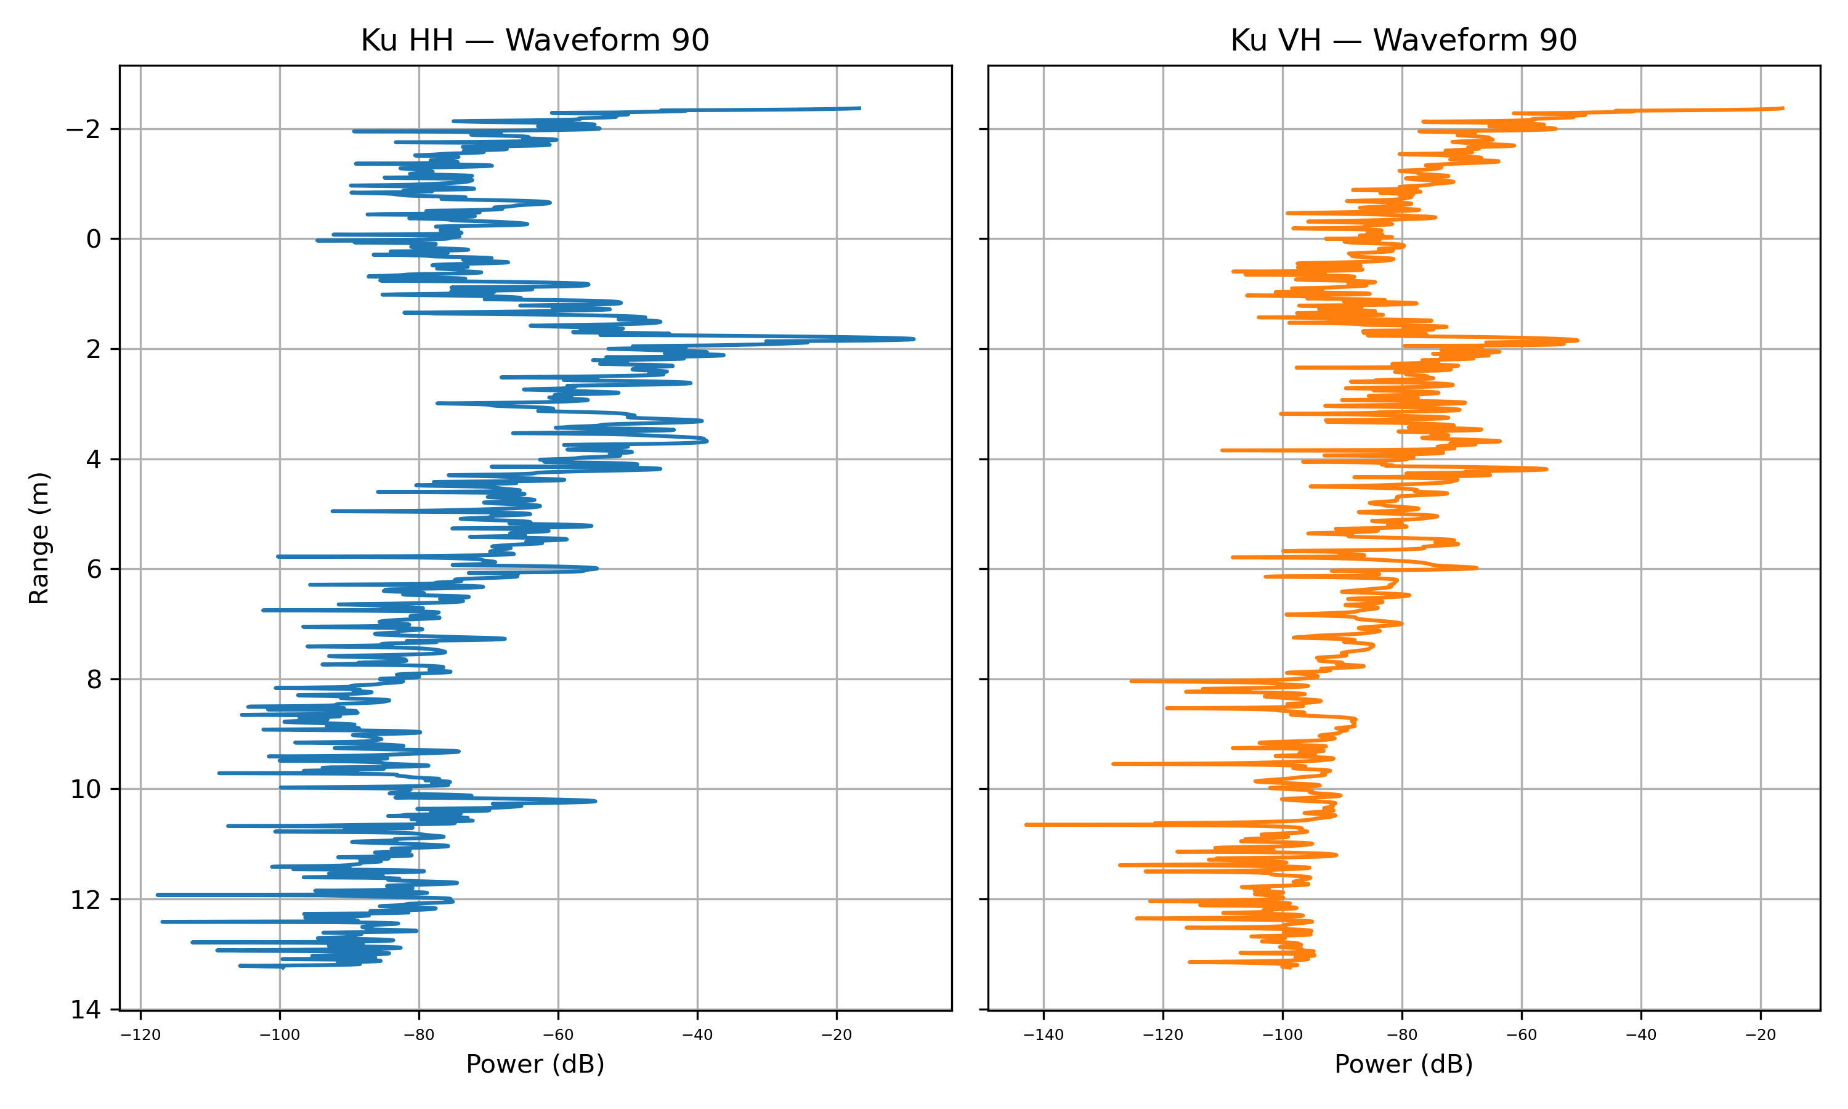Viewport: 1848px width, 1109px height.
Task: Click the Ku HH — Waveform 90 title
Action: (534, 40)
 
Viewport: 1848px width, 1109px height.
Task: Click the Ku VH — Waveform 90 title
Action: (1403, 40)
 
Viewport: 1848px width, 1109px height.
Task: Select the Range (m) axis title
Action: (39, 537)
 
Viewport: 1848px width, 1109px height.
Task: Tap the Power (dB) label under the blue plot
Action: (535, 1064)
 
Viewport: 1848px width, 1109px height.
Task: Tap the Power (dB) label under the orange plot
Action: (1403, 1064)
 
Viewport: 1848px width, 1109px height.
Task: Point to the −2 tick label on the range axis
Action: (83, 130)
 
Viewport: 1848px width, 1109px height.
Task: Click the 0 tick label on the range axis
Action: (94, 240)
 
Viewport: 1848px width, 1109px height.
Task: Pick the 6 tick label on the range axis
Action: (94, 570)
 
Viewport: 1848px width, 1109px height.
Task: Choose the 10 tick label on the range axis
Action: (85, 790)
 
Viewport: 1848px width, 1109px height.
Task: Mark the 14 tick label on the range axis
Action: (85, 1010)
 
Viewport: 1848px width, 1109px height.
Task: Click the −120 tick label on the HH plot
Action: (140, 1035)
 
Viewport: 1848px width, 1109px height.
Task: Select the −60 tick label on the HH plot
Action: (558, 1035)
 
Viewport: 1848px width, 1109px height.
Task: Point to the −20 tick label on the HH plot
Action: (836, 1035)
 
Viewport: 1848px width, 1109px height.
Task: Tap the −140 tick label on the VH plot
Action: (1044, 1035)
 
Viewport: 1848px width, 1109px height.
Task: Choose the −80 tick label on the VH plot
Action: (1402, 1035)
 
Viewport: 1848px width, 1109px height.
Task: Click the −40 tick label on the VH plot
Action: (1641, 1035)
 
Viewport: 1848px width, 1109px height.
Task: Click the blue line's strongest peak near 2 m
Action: (913, 339)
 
